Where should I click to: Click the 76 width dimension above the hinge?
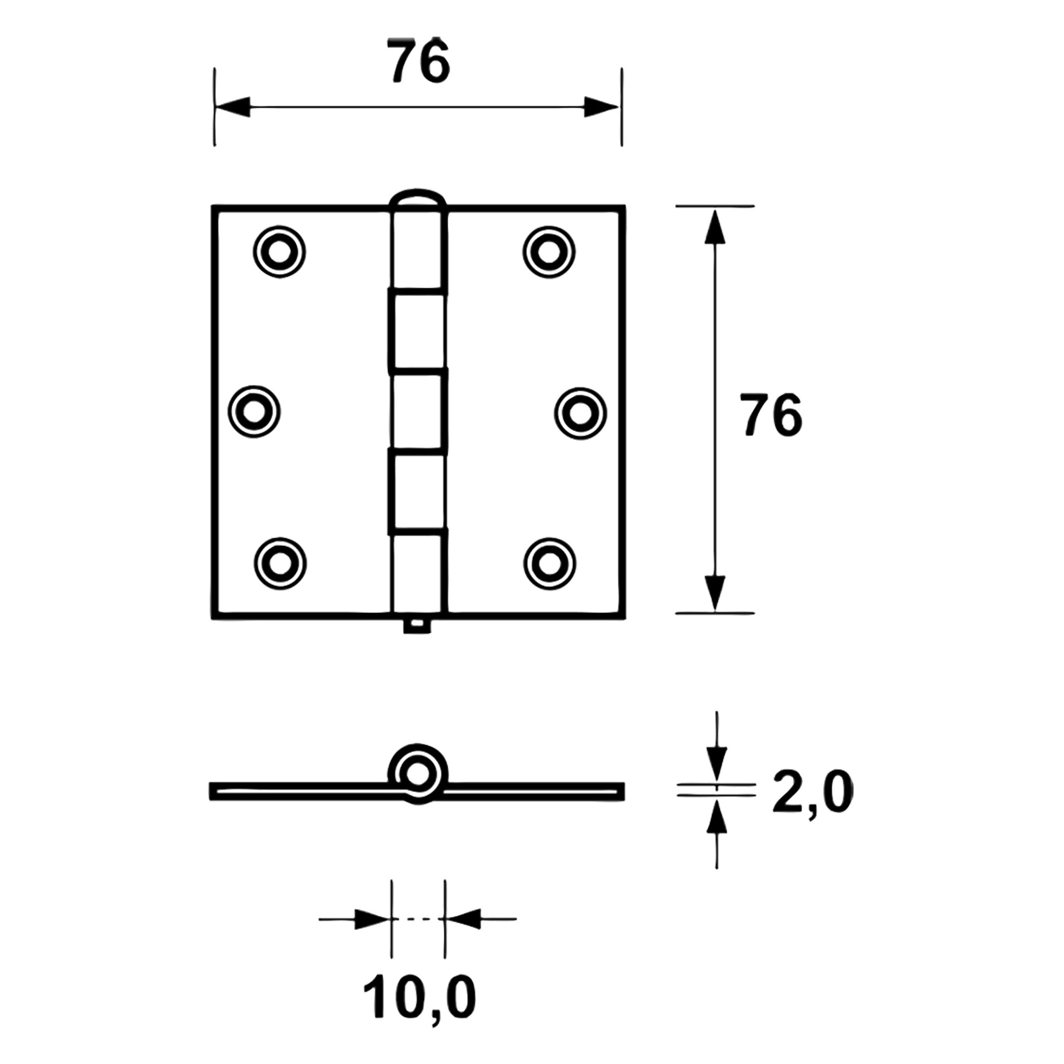(x=418, y=61)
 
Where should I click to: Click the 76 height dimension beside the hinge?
(x=770, y=415)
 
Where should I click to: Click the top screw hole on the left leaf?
(x=280, y=251)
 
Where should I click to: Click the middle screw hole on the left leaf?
(x=254, y=412)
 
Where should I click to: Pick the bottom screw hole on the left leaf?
(x=281, y=563)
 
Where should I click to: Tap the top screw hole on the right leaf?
(x=549, y=251)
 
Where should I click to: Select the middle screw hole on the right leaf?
(x=580, y=413)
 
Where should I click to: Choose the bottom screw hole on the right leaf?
(x=549, y=563)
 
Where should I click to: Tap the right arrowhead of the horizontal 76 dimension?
(x=601, y=107)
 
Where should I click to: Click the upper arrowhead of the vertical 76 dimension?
(x=714, y=227)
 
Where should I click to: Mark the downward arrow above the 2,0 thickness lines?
(x=716, y=762)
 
